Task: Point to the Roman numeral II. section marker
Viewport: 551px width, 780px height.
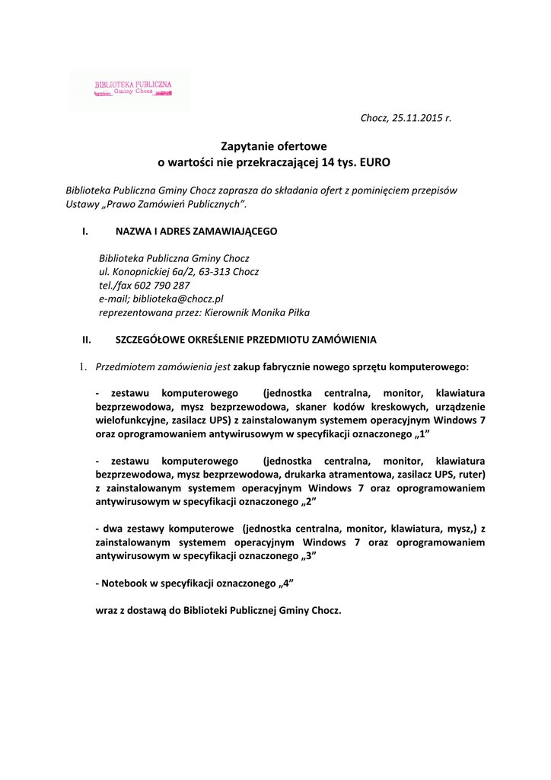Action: (x=87, y=339)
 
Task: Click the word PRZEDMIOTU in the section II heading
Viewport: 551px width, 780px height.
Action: (x=295, y=339)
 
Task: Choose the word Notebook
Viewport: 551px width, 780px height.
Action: (x=124, y=583)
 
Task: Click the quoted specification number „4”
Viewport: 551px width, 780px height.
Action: (x=285, y=583)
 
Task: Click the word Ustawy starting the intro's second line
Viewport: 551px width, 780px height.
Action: (x=81, y=204)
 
